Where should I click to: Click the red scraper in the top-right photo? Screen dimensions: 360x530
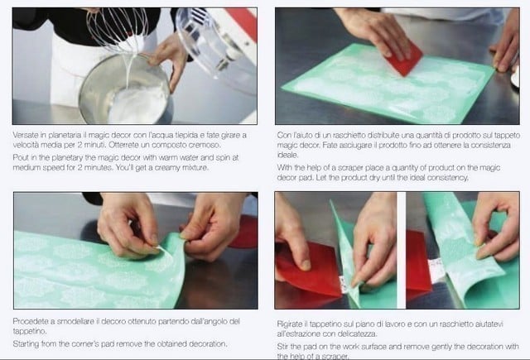click(x=402, y=59)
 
